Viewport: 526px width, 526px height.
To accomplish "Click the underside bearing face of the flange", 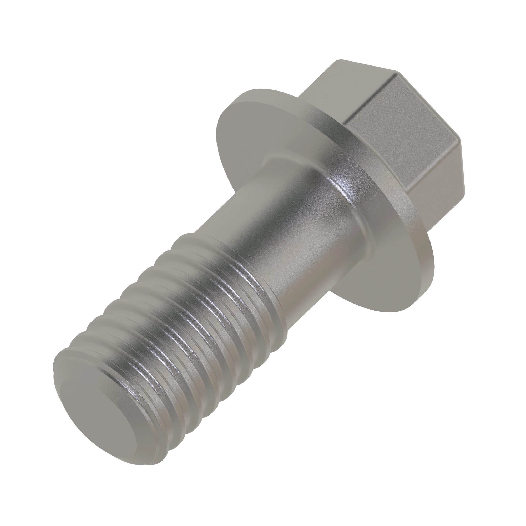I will click(x=259, y=131).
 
